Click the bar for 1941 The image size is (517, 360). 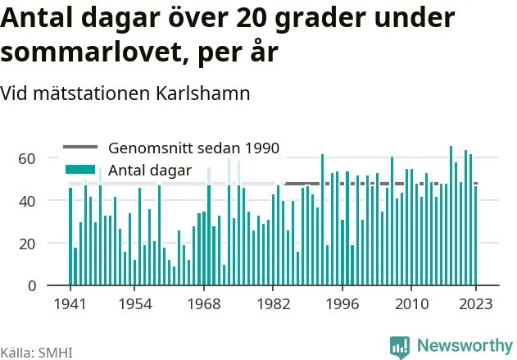point(70,236)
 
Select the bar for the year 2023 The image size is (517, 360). point(475,235)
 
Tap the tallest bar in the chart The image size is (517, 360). point(451,216)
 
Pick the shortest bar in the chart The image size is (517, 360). point(174,276)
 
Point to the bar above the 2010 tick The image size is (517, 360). point(411,227)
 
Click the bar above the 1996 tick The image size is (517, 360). point(342,253)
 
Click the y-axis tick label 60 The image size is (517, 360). point(27,159)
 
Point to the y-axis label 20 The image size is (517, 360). point(27,244)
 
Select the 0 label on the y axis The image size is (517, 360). point(32,285)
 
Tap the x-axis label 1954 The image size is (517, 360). point(135,304)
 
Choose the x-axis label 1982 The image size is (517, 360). point(274,304)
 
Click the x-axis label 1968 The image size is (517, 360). point(204,304)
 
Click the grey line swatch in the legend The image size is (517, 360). point(80,147)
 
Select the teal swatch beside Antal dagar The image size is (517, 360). point(80,170)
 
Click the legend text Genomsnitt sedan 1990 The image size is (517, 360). point(194,148)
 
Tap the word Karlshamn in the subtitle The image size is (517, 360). point(202,93)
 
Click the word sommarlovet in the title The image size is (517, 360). point(91,52)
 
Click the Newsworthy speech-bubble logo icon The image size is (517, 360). point(400,347)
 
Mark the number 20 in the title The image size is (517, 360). point(252,18)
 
